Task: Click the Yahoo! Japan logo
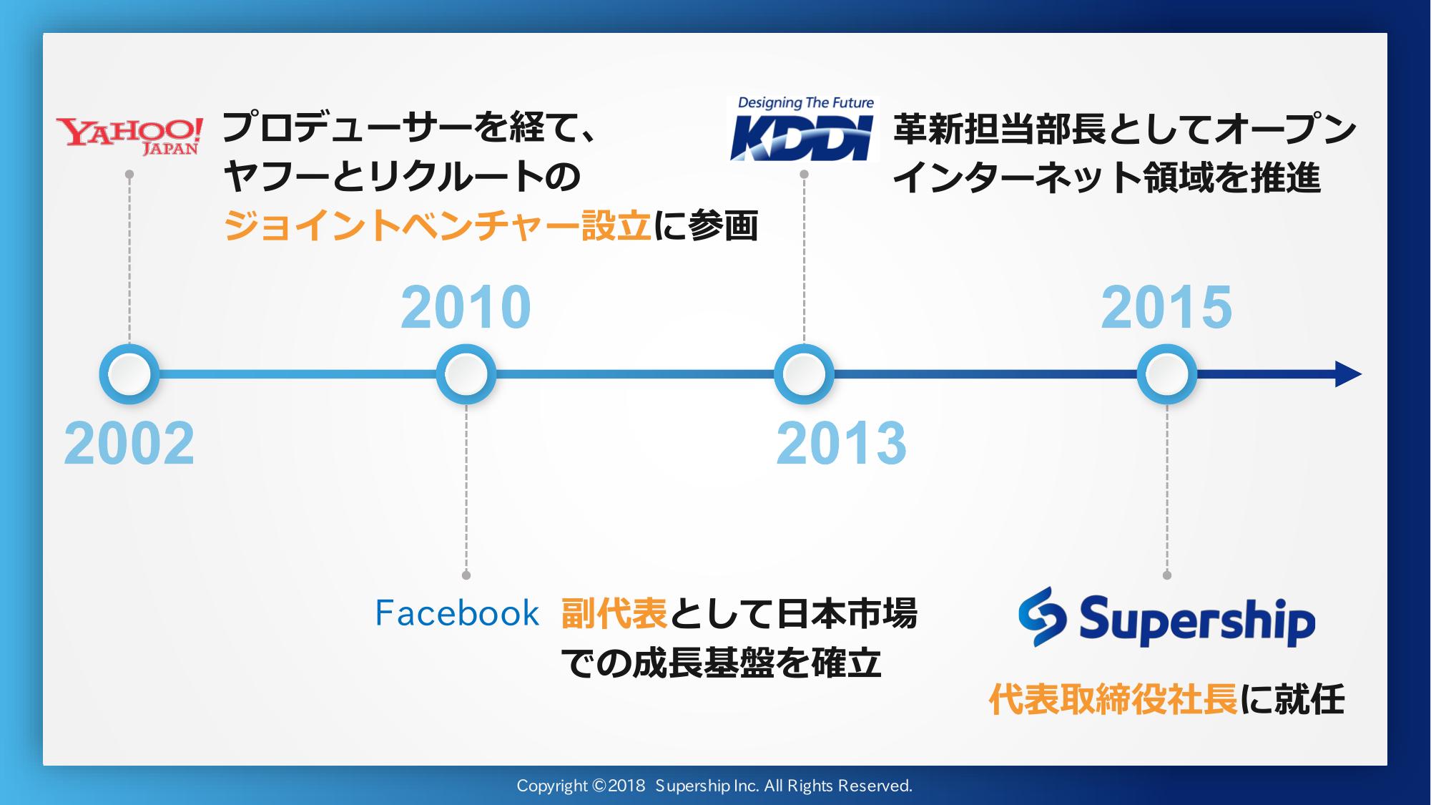point(129,136)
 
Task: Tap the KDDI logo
point(803,128)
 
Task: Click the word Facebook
point(457,614)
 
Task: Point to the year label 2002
point(129,444)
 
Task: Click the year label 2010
point(466,308)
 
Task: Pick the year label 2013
point(842,444)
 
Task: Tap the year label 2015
point(1167,308)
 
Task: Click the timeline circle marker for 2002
point(129,374)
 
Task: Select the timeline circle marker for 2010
point(466,374)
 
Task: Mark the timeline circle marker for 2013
point(804,374)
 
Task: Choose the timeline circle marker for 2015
point(1167,374)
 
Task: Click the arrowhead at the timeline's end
point(1348,374)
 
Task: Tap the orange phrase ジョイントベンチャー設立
point(438,226)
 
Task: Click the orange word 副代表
point(614,614)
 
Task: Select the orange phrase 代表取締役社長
point(1113,700)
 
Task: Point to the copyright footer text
point(714,786)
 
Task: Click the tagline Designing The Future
point(805,103)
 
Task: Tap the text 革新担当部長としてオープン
point(1125,130)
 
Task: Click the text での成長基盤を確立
point(721,663)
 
